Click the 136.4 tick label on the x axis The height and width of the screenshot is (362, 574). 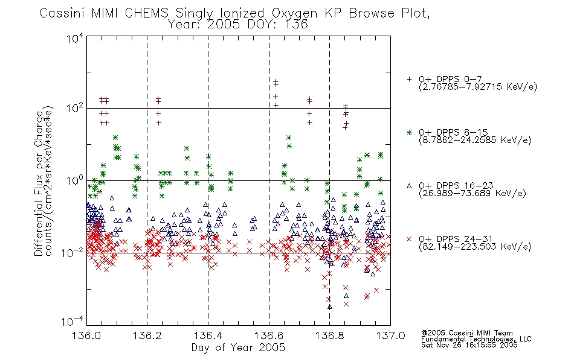pyautogui.click(x=208, y=335)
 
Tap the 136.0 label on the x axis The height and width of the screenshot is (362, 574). pyautogui.click(x=86, y=335)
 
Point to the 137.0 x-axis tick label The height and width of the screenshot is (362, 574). pyautogui.click(x=390, y=335)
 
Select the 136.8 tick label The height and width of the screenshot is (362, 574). pyautogui.click(x=329, y=335)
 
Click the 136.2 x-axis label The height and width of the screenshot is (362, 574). pyautogui.click(x=147, y=335)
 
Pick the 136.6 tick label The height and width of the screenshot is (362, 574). pyautogui.click(x=269, y=335)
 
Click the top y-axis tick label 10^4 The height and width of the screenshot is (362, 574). pyautogui.click(x=75, y=38)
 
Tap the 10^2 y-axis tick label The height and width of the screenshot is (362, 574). pyautogui.click(x=75, y=109)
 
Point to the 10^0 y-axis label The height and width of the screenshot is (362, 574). pyautogui.click(x=75, y=180)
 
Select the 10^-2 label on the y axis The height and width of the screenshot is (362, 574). pyautogui.click(x=73, y=252)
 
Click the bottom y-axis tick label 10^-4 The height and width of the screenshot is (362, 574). pyautogui.click(x=73, y=322)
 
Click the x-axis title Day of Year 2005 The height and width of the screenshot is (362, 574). pyautogui.click(x=238, y=348)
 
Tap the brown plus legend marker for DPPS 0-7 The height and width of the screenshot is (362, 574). pyautogui.click(x=409, y=79)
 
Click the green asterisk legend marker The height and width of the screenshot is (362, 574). pyautogui.click(x=409, y=133)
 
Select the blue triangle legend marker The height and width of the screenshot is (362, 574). pyautogui.click(x=409, y=186)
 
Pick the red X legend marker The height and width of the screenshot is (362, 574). pyautogui.click(x=409, y=239)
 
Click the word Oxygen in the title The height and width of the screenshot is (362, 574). pyautogui.click(x=295, y=13)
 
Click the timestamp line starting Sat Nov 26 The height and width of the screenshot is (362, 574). pyautogui.click(x=469, y=345)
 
